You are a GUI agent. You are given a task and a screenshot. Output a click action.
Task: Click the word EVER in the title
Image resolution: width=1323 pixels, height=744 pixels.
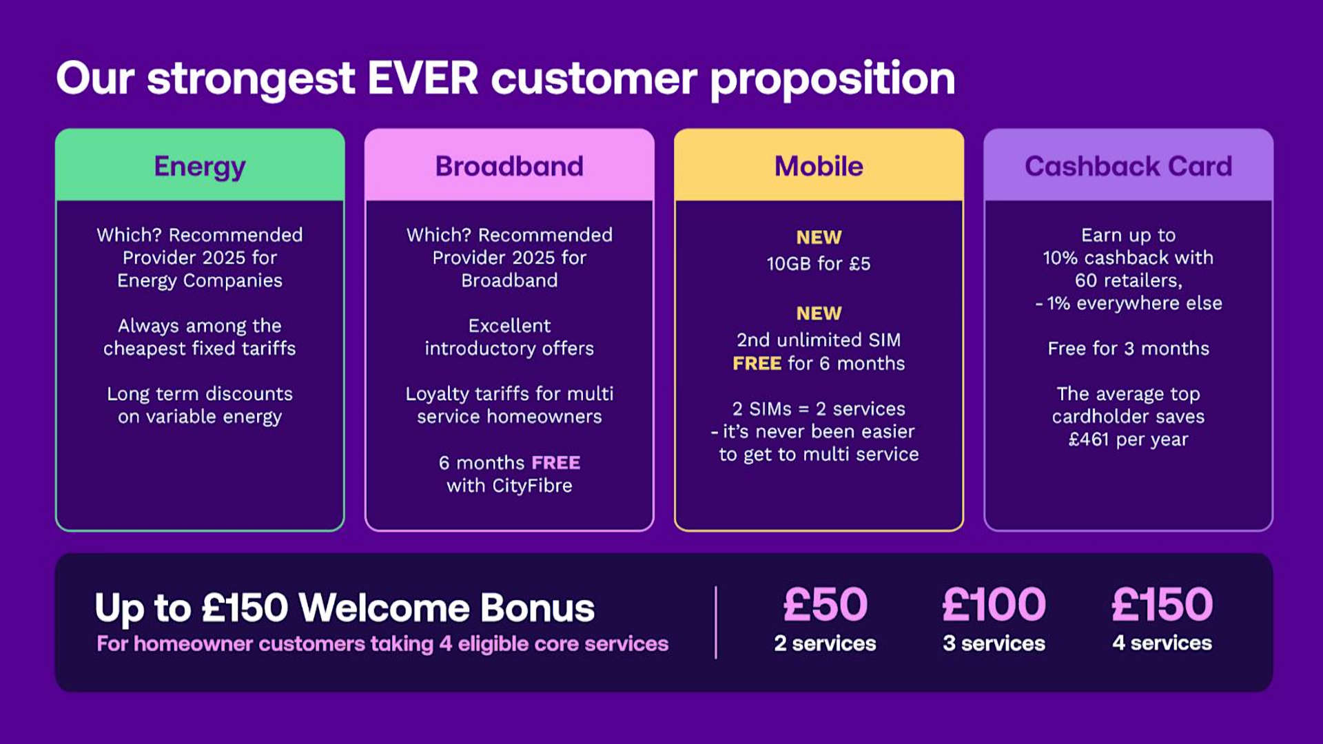422,78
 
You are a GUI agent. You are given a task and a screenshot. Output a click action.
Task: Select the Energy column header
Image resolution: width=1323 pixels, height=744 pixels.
200,166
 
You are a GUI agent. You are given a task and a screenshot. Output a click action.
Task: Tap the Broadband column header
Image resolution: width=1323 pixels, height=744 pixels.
509,166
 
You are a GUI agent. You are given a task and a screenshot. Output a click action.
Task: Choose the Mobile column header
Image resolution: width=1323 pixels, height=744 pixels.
819,166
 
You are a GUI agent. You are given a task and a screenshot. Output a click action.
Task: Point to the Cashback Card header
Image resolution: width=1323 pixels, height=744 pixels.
1128,166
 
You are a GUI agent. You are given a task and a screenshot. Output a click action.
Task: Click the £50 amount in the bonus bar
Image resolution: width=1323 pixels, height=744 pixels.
825,604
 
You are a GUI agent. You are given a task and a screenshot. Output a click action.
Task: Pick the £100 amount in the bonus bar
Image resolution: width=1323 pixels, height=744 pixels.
994,604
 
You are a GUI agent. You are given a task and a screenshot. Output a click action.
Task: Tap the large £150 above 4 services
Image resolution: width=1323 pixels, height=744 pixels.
1162,604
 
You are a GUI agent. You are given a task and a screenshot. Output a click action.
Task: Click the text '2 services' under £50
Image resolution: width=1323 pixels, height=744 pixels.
825,643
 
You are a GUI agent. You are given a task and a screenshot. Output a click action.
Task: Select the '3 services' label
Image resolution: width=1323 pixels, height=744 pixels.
994,643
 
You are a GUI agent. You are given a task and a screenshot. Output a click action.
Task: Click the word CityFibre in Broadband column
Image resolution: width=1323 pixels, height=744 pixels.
532,486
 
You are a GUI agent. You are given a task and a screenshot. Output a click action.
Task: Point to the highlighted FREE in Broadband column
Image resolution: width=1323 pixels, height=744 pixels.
555,462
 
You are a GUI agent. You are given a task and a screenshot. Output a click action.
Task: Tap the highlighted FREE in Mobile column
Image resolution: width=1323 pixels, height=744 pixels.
757,363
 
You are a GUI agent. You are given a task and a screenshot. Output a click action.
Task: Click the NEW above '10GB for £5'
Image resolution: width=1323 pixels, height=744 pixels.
819,237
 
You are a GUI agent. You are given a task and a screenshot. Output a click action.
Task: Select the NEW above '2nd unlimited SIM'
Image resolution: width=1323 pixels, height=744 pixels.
819,313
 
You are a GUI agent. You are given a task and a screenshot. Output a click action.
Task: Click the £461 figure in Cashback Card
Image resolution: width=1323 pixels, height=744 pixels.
1089,439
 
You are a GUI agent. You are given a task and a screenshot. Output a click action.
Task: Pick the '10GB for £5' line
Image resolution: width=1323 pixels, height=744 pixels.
819,263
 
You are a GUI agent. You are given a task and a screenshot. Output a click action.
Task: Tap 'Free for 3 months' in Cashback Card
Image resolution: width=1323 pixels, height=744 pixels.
1128,348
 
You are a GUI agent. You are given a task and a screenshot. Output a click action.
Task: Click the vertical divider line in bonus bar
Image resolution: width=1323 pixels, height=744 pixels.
716,622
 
